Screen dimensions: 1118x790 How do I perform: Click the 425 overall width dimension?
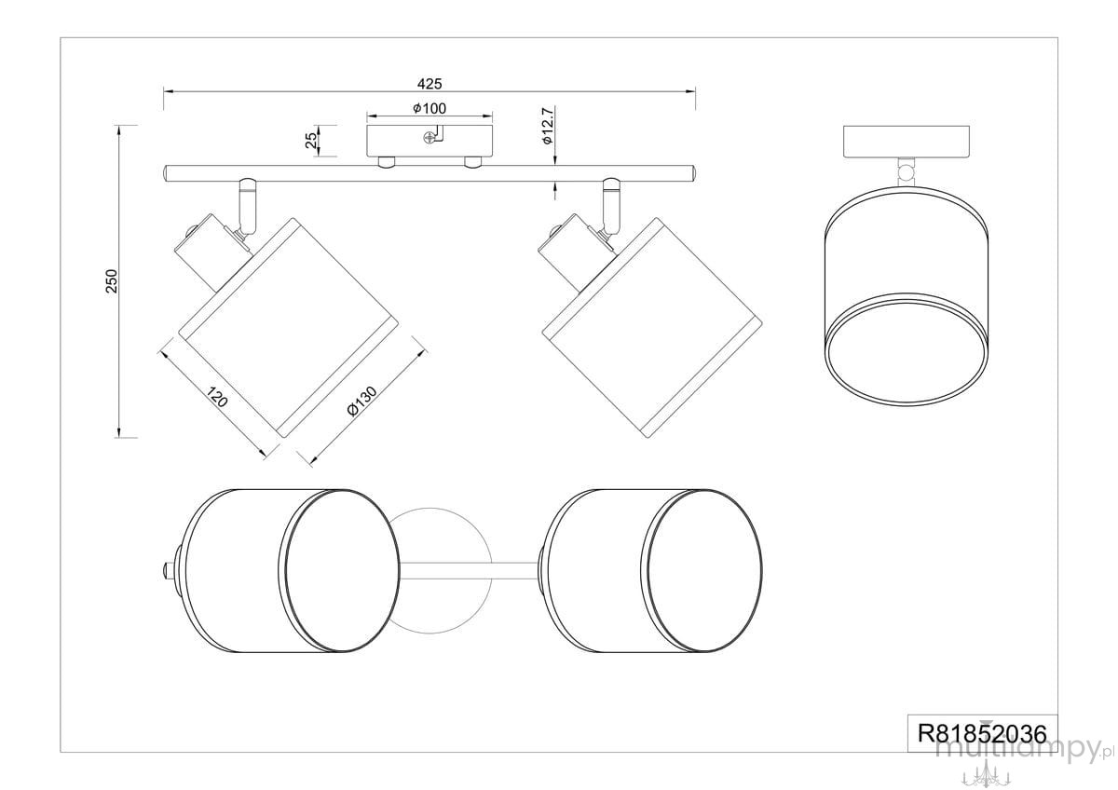(x=429, y=84)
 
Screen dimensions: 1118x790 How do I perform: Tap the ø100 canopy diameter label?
(x=429, y=108)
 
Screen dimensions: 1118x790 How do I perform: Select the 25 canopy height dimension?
(x=311, y=141)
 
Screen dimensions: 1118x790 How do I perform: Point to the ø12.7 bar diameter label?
(x=548, y=126)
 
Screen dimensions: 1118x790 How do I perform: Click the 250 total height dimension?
(x=112, y=281)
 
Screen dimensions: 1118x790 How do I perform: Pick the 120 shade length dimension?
(x=217, y=397)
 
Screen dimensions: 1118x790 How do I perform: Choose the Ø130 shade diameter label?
(x=361, y=401)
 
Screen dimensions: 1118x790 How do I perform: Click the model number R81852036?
(x=982, y=733)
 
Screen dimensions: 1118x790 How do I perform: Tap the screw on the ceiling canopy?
(x=429, y=137)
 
